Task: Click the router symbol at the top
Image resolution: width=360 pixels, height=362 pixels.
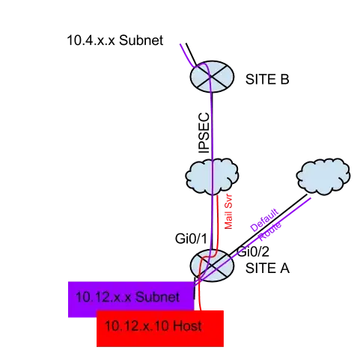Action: tap(212, 76)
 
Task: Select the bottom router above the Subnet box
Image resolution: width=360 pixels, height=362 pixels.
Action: tap(212, 266)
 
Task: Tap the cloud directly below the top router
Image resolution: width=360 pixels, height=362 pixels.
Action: tap(213, 177)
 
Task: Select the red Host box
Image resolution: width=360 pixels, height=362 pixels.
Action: tap(160, 327)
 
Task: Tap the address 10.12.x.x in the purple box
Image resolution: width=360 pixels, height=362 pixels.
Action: tap(103, 297)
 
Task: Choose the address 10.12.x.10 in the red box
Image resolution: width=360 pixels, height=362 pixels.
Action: tap(135, 327)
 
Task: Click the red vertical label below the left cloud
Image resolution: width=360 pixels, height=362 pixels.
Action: tap(228, 212)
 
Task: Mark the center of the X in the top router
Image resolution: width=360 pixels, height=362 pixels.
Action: tap(212, 76)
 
